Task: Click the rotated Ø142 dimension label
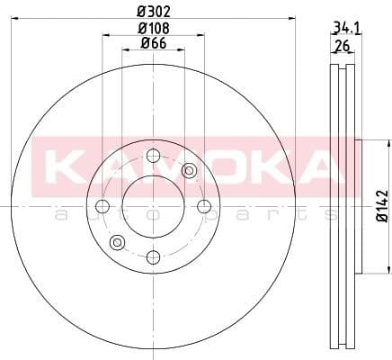tap(381, 206)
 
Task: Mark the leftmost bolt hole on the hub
tap(102, 207)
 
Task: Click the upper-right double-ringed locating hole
tap(188, 171)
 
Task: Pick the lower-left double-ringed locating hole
tap(116, 242)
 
